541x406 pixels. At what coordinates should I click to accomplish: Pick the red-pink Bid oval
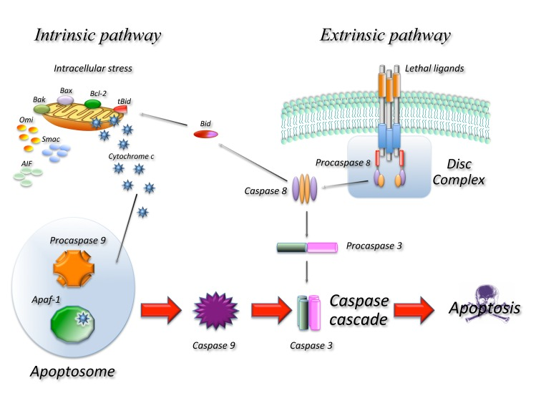(x=208, y=134)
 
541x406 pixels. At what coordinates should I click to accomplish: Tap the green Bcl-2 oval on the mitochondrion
(x=92, y=105)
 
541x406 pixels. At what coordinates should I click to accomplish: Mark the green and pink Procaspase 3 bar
(x=307, y=248)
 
